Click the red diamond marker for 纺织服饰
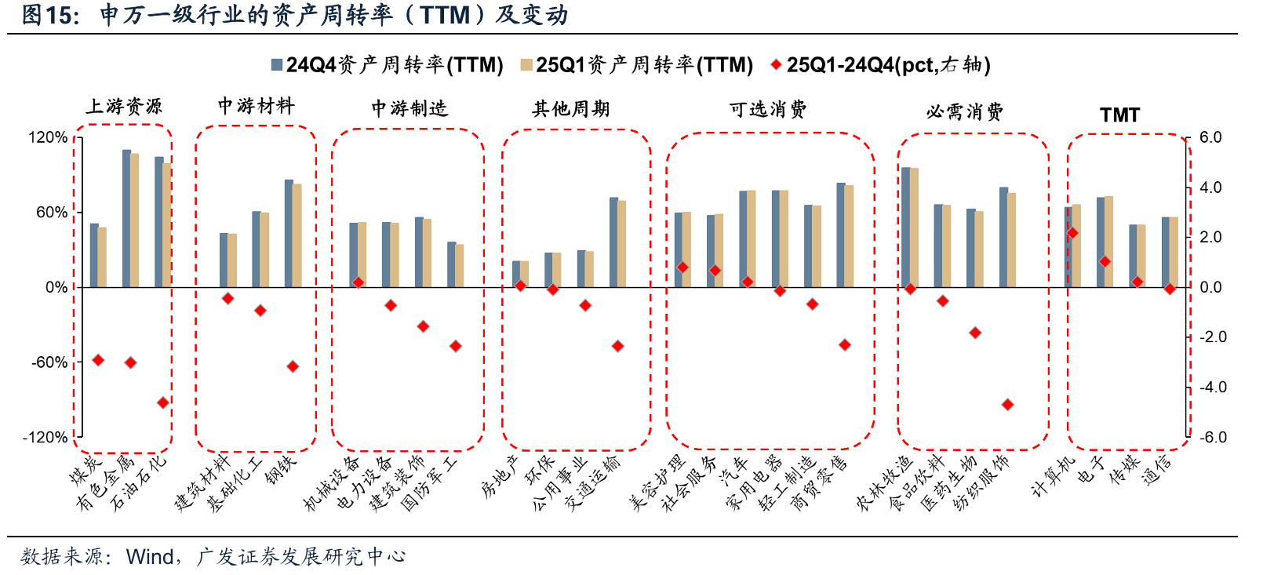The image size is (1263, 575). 1007,405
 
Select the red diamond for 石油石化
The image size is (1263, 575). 163,402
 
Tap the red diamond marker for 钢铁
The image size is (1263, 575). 293,366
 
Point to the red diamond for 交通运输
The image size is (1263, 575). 617,346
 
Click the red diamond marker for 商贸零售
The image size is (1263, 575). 845,344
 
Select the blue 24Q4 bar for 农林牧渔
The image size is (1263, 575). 906,227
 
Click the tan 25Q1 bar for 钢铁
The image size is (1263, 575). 297,235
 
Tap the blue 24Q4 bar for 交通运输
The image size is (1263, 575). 613,242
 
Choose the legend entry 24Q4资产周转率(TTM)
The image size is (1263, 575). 388,65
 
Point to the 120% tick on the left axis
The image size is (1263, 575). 49,137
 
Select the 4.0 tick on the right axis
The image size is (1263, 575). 1210,187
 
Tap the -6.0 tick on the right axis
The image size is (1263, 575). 1213,437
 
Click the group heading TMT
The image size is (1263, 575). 1119,115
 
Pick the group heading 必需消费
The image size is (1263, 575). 964,112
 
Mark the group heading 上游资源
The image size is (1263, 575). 123,107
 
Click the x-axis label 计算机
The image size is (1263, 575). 1054,477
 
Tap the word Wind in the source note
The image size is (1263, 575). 150,557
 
